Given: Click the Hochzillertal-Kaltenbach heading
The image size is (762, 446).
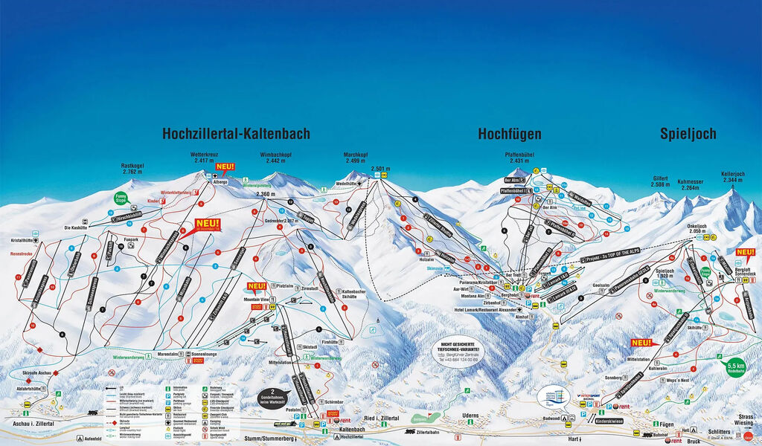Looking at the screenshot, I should pos(236,134).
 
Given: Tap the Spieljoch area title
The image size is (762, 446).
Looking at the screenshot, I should pos(688,134).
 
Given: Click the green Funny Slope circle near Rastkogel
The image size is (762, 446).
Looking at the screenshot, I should pos(121,198).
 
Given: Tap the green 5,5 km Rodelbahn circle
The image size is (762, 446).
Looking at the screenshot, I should pos(736,367).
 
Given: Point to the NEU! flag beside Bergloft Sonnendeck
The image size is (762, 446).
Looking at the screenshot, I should pos(744,252).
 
